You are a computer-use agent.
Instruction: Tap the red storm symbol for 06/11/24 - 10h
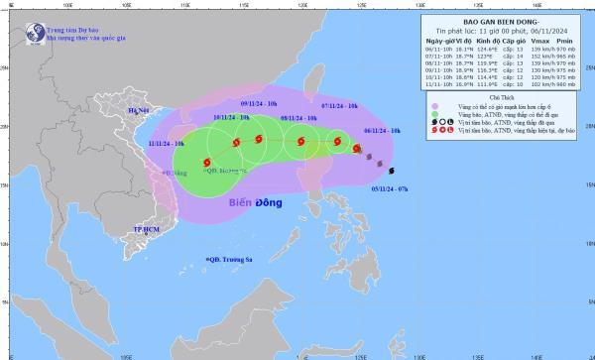(357, 148)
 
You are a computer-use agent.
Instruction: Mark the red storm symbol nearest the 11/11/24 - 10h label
(205, 162)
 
